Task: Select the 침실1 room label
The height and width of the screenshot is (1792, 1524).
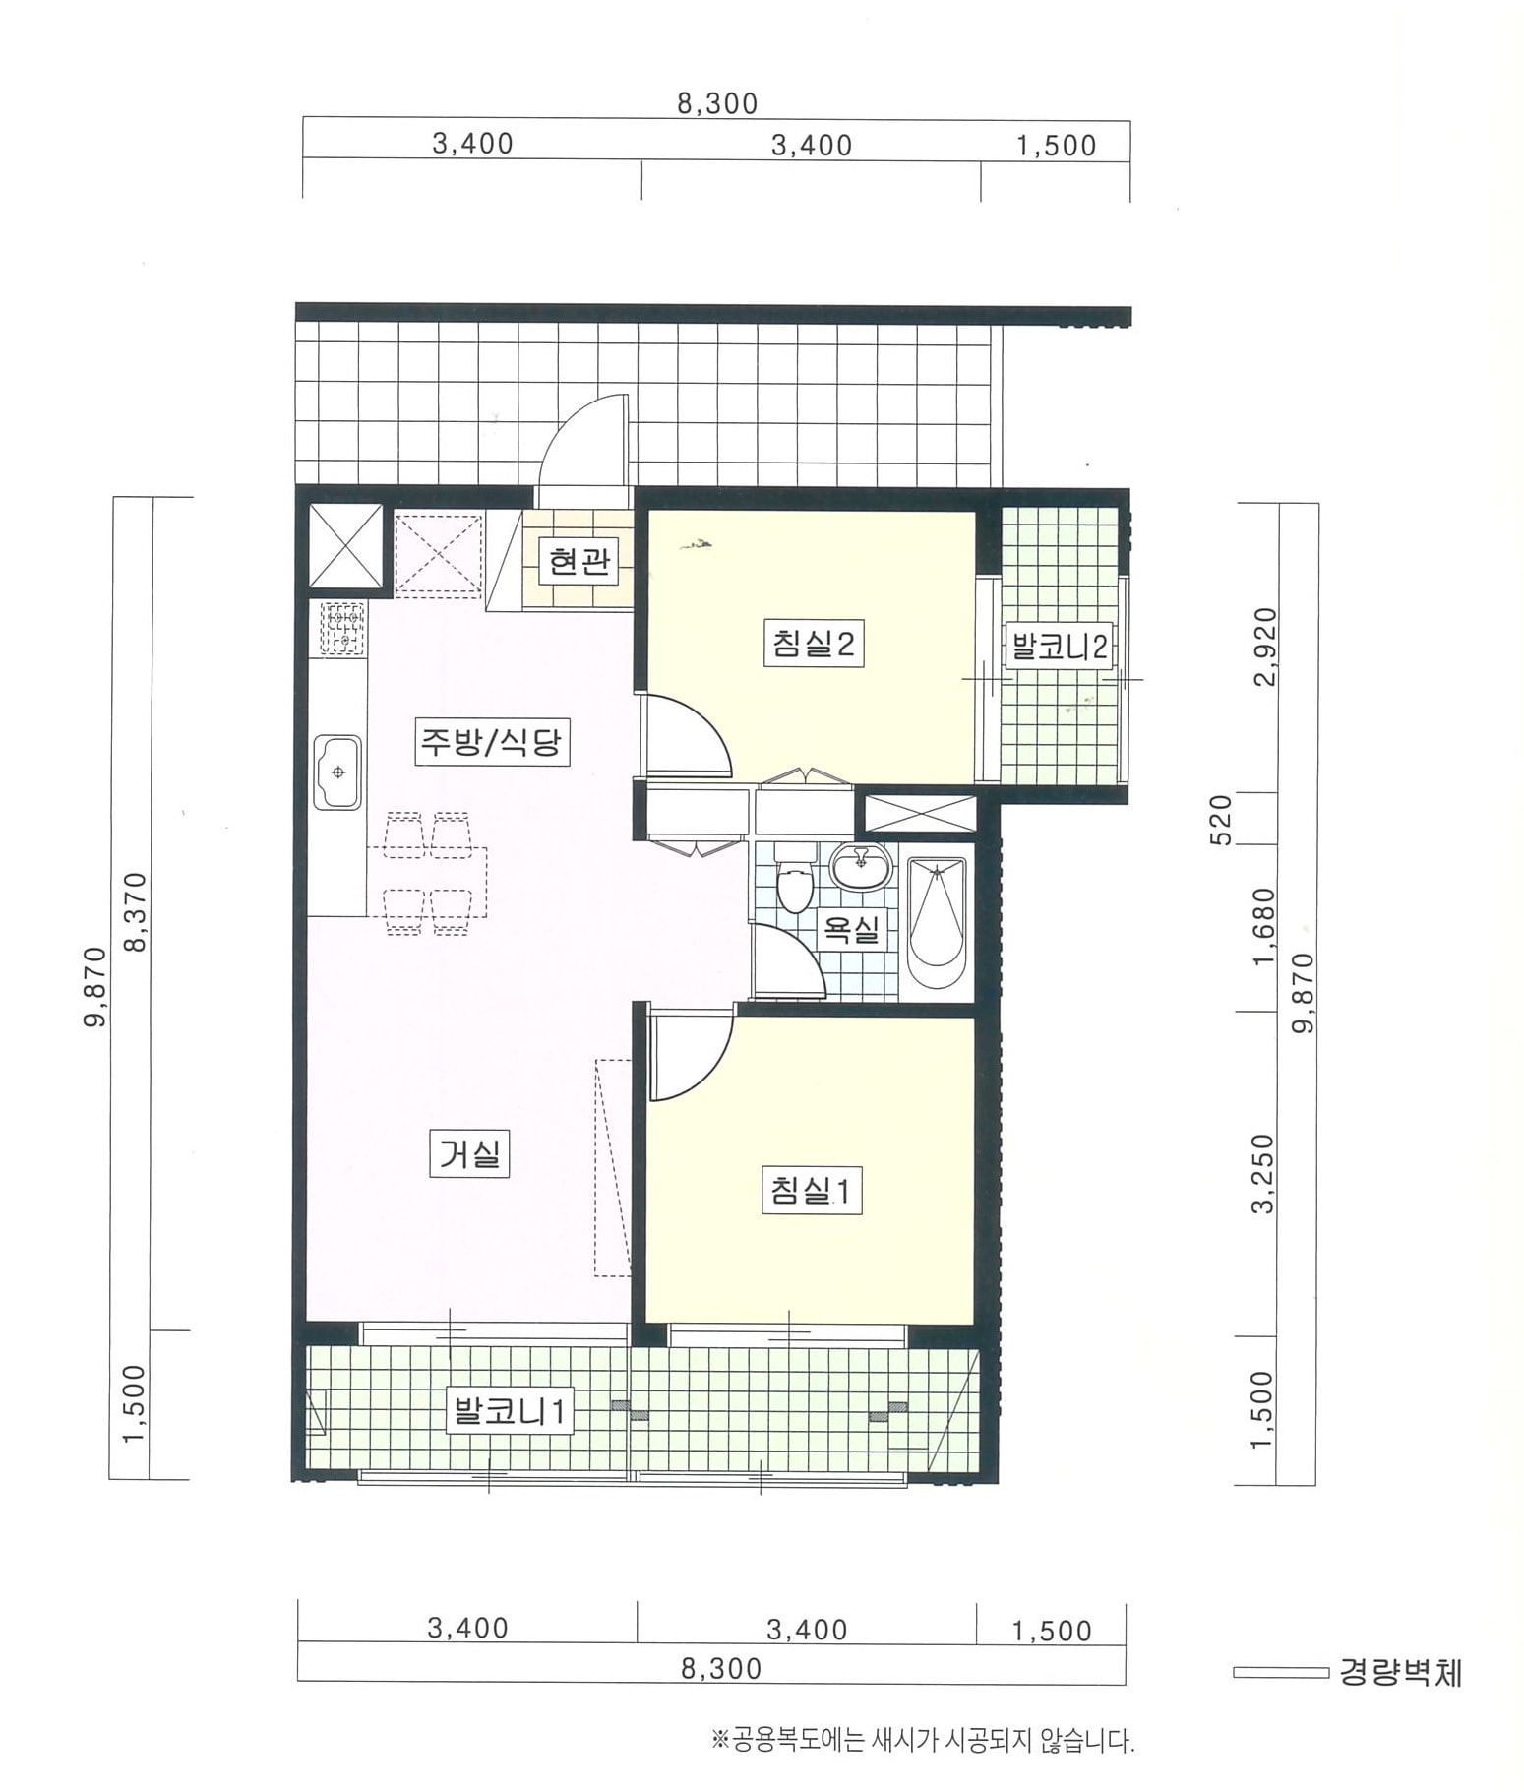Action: pos(813,1191)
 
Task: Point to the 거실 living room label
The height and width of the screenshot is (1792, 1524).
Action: pos(469,1153)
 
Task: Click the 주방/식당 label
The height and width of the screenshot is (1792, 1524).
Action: pos(490,741)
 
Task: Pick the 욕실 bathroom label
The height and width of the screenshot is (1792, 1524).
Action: pos(852,928)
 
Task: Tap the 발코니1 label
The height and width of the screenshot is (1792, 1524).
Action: pos(509,1412)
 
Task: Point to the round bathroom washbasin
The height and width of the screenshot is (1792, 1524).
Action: pos(862,867)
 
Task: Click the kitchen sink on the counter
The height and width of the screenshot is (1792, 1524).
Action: pos(337,772)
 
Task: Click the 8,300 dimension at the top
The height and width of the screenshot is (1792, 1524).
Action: pos(717,103)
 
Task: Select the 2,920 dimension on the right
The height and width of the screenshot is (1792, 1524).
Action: pos(1266,647)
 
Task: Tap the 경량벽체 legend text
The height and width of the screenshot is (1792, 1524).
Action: pos(1400,1673)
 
